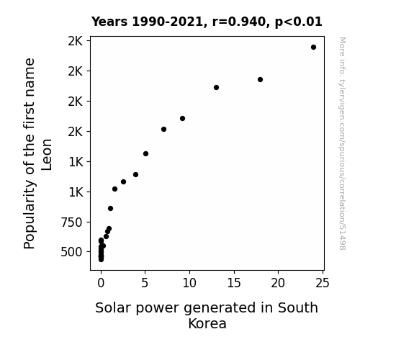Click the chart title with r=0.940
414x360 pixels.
point(207,22)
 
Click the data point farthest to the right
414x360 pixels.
point(313,48)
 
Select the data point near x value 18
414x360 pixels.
point(260,79)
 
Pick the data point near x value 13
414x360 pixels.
point(216,87)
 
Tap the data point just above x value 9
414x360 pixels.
point(182,118)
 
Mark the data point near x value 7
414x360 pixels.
point(163,129)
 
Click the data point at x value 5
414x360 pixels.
point(145,153)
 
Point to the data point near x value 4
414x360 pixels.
point(135,174)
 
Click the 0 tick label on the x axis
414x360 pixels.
point(101,283)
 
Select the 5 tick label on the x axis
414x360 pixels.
point(145,283)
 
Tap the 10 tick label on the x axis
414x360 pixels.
point(189,283)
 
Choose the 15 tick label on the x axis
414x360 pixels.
point(234,283)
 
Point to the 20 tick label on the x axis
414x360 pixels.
point(278,283)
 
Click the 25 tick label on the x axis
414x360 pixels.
point(323,283)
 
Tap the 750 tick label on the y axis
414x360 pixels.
point(71,222)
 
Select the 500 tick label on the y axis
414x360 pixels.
point(71,252)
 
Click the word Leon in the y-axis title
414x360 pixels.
point(47,155)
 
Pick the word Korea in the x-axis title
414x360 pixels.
point(207,323)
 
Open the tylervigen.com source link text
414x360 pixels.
point(342,143)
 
